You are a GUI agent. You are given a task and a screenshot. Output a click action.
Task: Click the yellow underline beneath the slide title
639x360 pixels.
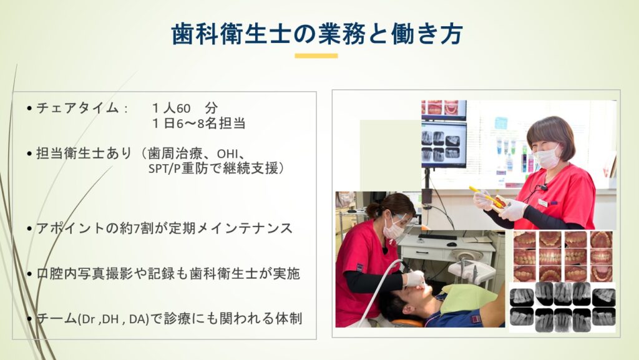(316, 56)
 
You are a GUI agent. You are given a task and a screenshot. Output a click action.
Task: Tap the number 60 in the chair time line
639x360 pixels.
(183, 109)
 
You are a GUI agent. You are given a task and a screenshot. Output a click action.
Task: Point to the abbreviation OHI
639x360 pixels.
(226, 154)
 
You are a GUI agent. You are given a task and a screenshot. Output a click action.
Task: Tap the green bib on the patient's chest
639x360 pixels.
(469, 298)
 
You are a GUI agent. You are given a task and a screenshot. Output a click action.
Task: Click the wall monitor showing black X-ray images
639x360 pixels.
(444, 145)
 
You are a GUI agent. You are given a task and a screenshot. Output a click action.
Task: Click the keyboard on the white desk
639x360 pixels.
(438, 236)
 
